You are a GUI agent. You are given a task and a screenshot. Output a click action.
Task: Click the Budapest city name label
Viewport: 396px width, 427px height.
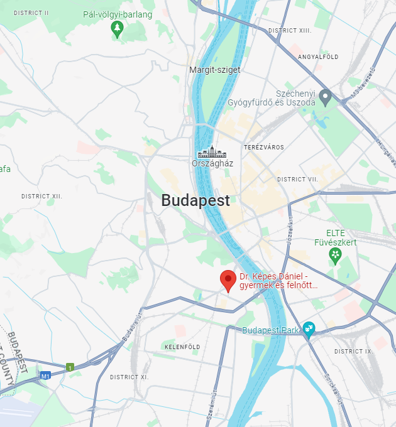(x=195, y=201)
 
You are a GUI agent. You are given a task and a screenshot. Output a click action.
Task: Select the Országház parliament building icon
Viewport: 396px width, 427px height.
(x=212, y=152)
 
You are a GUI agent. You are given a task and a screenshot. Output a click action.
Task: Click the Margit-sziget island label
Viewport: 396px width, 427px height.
(x=214, y=70)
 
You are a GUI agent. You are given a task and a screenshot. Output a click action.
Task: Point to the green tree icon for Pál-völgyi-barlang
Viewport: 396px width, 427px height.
(x=117, y=28)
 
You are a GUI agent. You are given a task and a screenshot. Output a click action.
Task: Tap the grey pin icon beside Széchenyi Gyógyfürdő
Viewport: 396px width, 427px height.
(x=326, y=97)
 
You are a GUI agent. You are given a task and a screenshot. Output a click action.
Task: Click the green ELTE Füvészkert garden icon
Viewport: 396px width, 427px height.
(x=336, y=255)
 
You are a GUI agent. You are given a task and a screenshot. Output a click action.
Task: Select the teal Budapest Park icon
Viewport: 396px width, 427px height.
(x=309, y=328)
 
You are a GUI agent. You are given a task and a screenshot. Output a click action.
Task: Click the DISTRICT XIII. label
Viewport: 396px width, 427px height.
(x=290, y=30)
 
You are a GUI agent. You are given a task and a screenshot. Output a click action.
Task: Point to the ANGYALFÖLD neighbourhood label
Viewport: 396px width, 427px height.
(x=318, y=57)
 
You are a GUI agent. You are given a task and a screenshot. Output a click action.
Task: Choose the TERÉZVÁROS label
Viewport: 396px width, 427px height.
(x=263, y=148)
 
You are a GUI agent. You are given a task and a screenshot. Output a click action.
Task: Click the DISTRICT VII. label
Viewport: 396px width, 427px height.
(x=298, y=180)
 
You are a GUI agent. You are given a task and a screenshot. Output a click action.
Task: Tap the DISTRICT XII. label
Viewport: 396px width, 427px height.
(x=42, y=197)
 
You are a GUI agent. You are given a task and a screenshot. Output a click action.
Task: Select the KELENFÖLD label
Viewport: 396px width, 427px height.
(x=182, y=347)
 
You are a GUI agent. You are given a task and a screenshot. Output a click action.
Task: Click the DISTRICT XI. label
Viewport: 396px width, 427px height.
(x=129, y=377)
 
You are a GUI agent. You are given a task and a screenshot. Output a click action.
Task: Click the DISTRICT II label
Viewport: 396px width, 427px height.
(x=31, y=13)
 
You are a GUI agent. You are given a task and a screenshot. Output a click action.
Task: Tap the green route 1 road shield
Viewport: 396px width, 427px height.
(x=70, y=367)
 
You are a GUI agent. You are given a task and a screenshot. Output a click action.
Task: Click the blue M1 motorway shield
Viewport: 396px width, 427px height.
(x=45, y=376)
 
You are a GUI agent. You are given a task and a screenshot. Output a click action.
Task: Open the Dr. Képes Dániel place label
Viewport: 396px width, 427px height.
(x=278, y=281)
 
